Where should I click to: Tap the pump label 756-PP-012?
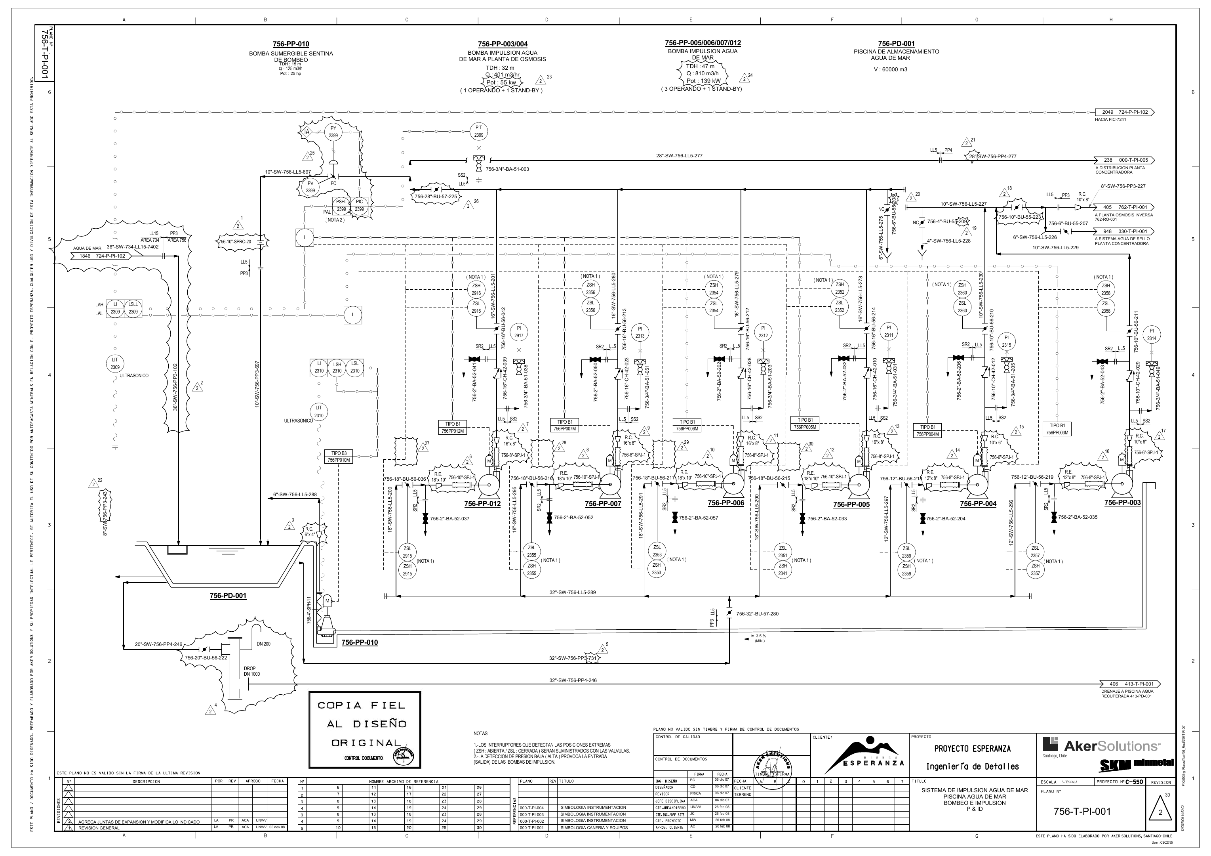pyautogui.click(x=482, y=503)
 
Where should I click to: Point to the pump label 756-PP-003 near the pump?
pyautogui.click(x=1122, y=503)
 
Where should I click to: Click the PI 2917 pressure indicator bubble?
pyautogui.click(x=518, y=332)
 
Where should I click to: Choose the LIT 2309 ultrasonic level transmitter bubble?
pyautogui.click(x=115, y=363)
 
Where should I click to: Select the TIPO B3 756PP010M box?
pyautogui.click(x=339, y=457)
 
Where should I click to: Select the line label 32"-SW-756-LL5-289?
pyautogui.click(x=572, y=592)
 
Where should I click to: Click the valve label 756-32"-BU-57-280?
pyautogui.click(x=757, y=614)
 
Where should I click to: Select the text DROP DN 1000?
pyautogui.click(x=251, y=671)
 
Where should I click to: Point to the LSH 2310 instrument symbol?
pyautogui.click(x=337, y=367)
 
